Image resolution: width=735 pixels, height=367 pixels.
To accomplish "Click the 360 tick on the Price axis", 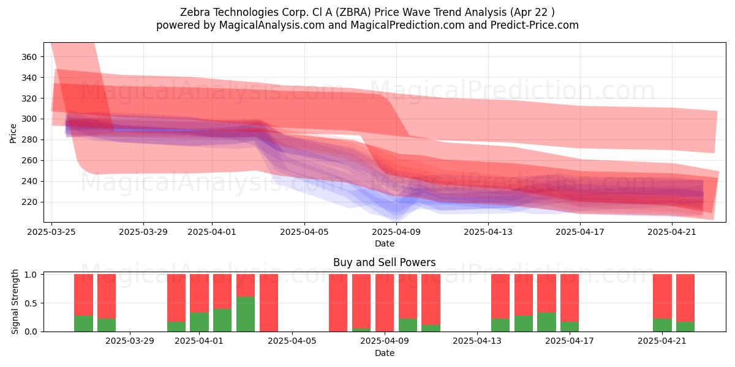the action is pyautogui.click(x=29, y=57).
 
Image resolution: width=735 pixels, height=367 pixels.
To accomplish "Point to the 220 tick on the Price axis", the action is pyautogui.click(x=29, y=202).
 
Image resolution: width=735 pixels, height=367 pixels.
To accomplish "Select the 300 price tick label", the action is pyautogui.click(x=29, y=119).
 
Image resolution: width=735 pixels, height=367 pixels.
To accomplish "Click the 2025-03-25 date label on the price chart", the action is pyautogui.click(x=51, y=232).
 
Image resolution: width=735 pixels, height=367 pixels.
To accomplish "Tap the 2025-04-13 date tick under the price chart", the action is pyautogui.click(x=488, y=232).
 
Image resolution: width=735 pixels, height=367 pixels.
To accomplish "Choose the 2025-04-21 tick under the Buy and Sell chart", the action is pyautogui.click(x=662, y=341).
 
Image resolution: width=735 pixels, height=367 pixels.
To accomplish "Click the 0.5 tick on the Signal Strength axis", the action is pyautogui.click(x=31, y=303).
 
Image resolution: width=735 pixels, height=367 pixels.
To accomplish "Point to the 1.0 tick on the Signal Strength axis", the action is pyautogui.click(x=31, y=274).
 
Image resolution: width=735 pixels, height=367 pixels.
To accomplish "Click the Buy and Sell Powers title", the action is pyautogui.click(x=384, y=262).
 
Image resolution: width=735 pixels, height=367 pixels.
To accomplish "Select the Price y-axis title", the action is pyautogui.click(x=13, y=133).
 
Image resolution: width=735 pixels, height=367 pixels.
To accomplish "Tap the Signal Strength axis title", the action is pyautogui.click(x=15, y=302).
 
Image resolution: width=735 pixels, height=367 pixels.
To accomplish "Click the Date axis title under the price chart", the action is pyautogui.click(x=385, y=243).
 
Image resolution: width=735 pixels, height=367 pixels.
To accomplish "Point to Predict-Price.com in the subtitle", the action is pyautogui.click(x=535, y=25).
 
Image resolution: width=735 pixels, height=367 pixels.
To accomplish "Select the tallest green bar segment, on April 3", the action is pyautogui.click(x=246, y=314).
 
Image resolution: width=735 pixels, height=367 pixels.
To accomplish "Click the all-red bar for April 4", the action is pyautogui.click(x=269, y=303).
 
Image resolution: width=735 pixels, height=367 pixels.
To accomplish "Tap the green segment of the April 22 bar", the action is pyautogui.click(x=685, y=327).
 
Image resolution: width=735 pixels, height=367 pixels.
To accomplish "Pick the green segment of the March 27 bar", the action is pyautogui.click(x=107, y=325).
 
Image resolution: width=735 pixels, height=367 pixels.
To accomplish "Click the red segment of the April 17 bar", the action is pyautogui.click(x=569, y=298).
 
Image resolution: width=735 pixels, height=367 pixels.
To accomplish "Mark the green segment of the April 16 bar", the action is pyautogui.click(x=546, y=322).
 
